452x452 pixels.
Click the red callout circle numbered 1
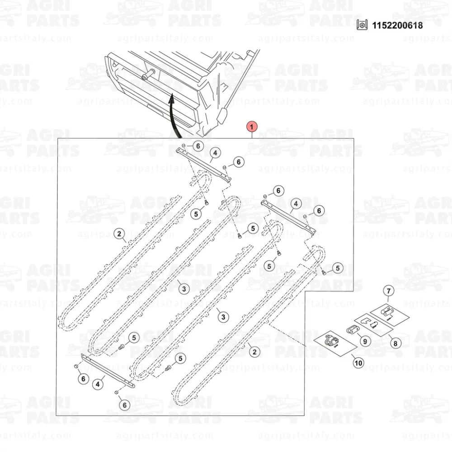(x=252, y=127)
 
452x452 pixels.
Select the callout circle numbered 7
(x=389, y=291)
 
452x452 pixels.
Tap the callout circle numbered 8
(x=395, y=344)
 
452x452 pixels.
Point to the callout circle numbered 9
(x=365, y=341)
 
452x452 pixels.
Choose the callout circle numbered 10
(x=358, y=363)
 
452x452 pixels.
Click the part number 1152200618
(x=397, y=25)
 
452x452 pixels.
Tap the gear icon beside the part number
(x=362, y=25)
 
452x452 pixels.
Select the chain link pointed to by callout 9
(x=352, y=330)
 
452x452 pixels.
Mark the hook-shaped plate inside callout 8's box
(x=367, y=320)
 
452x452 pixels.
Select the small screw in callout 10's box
(x=335, y=346)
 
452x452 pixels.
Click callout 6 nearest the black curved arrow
(x=198, y=146)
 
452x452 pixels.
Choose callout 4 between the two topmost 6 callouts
(x=215, y=153)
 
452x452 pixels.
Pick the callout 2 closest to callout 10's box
(x=254, y=352)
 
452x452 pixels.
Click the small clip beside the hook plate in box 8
(x=374, y=324)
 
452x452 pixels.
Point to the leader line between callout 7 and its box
(x=388, y=299)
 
